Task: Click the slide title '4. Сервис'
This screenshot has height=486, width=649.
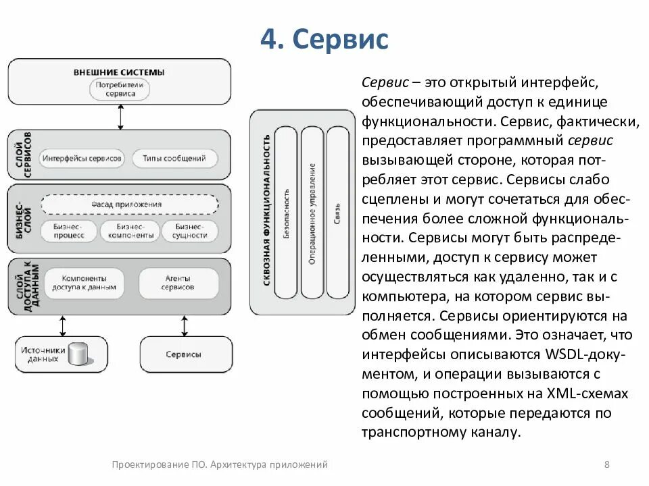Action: tap(324, 40)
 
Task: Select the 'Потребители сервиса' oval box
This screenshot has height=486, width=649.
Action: tap(120, 89)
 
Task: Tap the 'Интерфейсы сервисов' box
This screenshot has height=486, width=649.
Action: tap(82, 159)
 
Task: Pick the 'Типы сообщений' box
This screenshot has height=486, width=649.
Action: tap(174, 159)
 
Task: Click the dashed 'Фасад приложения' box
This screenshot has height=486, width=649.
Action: tap(129, 204)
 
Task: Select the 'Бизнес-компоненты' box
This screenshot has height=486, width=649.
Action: tap(129, 231)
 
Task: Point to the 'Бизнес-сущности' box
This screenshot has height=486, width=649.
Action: tap(190, 231)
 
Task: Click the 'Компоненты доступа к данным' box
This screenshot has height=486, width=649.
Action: tap(84, 282)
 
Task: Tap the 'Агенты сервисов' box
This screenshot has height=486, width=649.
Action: tap(178, 282)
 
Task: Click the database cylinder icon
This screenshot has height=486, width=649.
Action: tap(79, 354)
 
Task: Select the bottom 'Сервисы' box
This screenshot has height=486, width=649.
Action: tap(183, 354)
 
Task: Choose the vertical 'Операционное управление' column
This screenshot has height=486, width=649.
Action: tap(312, 213)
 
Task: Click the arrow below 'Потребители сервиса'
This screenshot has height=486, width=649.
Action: tap(120, 117)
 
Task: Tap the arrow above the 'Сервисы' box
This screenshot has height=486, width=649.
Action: tap(185, 325)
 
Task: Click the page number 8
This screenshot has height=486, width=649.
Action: tap(606, 464)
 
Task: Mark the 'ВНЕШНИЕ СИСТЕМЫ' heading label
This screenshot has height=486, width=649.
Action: tap(120, 72)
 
